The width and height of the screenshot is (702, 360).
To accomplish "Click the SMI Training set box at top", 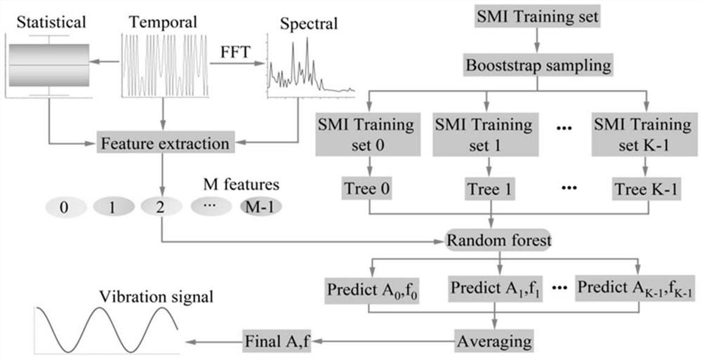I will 538,16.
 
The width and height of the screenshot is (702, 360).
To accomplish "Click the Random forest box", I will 499,241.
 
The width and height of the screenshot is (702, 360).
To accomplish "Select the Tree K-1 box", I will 644,189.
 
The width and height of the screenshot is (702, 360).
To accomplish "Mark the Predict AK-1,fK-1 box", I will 635,288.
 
